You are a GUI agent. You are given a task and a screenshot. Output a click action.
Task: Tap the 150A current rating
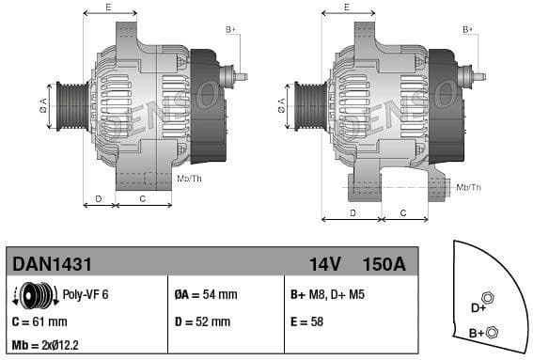point(384,265)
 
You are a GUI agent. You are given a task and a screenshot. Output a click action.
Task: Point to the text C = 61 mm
point(39,321)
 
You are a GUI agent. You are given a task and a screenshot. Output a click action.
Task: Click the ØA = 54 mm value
point(205,295)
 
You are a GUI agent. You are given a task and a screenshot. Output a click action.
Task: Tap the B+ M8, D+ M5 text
point(327,295)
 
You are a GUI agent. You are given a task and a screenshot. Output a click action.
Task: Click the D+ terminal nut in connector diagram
point(487,298)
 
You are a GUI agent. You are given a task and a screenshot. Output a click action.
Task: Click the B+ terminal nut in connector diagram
point(494,331)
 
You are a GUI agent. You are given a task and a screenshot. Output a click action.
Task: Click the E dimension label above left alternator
point(108,8)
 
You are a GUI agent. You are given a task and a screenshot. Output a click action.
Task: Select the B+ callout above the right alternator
point(467,30)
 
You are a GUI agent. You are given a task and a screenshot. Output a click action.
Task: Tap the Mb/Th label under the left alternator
point(189,178)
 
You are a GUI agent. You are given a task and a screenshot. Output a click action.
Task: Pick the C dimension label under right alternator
point(402,212)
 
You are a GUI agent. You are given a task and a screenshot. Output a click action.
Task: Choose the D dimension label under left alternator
point(99,198)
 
